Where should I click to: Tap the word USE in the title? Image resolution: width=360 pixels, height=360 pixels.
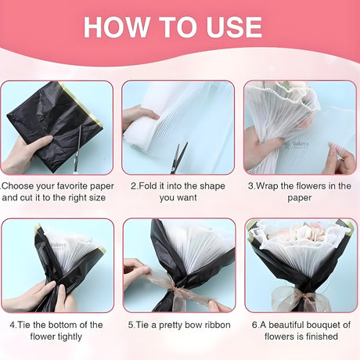pos(234,27)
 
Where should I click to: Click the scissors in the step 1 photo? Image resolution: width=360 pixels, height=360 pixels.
pos(77,148)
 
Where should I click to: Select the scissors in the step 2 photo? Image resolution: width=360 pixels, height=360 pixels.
pos(178,157)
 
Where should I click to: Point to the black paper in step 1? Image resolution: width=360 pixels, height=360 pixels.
pos(55,123)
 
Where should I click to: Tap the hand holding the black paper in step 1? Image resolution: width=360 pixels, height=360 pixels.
pos(25,154)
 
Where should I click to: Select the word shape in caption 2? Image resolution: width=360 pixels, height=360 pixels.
pos(211,186)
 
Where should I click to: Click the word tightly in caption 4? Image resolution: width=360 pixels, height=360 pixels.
pos(69,337)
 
